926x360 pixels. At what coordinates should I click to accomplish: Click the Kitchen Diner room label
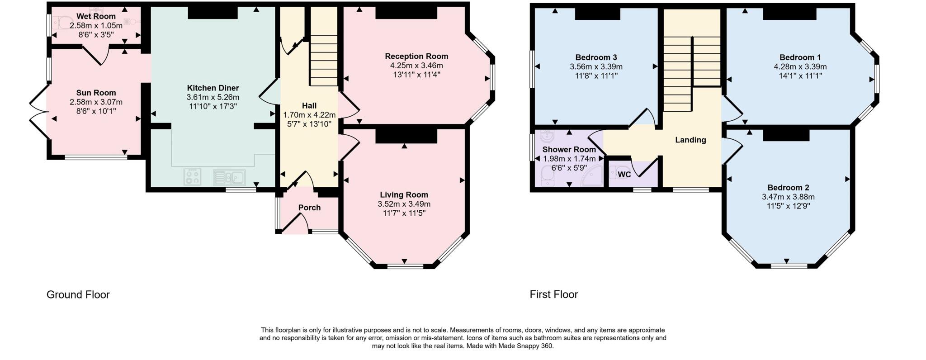pos(213,88)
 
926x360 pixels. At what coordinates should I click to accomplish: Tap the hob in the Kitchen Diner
pos(193,176)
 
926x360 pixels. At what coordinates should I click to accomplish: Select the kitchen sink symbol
pos(229,177)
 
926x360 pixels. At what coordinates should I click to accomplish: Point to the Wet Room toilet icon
pos(63,22)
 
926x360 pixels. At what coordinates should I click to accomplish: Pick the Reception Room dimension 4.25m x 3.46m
pos(416,66)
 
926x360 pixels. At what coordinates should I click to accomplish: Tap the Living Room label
pos(404,195)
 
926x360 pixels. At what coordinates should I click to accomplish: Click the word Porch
pos(309,208)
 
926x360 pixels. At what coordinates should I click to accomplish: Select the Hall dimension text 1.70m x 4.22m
pos(309,115)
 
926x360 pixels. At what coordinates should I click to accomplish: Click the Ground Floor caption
pos(78,295)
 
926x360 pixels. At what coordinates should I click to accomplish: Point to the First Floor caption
pos(554,295)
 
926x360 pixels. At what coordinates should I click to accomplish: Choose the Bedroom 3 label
pos(596,57)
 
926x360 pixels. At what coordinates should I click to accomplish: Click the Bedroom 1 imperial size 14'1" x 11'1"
pos(800,76)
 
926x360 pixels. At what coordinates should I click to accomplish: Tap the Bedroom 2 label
pos(788,188)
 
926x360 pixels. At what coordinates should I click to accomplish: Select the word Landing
pos(690,140)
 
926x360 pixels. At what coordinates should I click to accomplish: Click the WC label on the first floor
pos(624,175)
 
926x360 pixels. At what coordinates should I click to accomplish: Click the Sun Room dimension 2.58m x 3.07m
pos(96,102)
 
